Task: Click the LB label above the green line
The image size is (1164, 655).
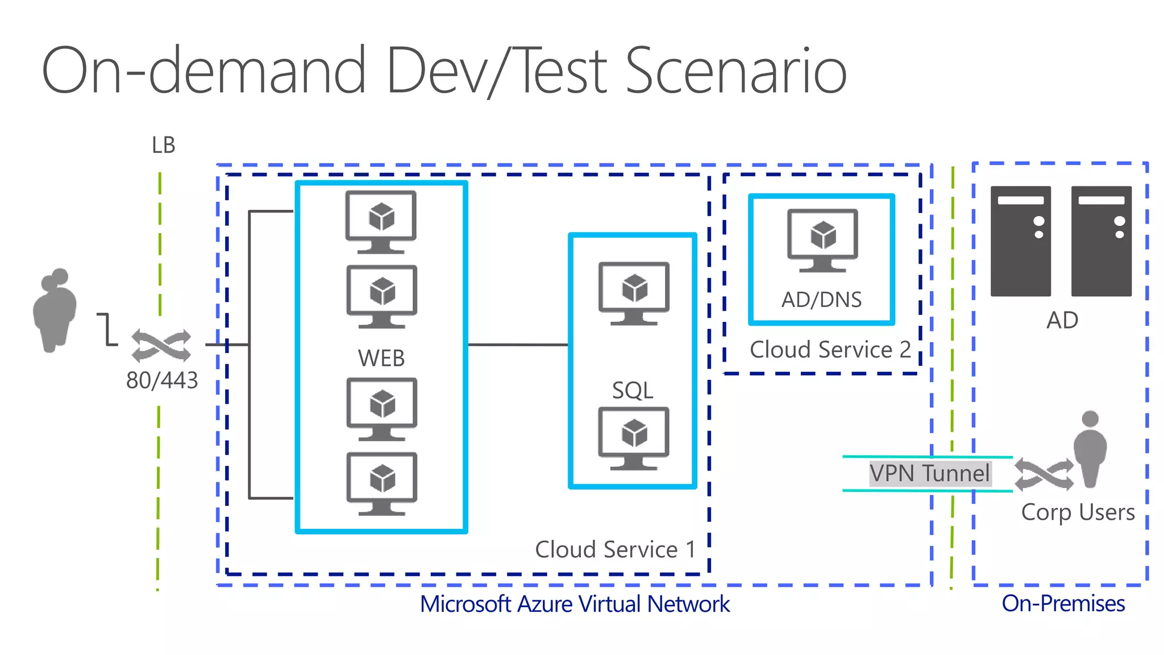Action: (163, 146)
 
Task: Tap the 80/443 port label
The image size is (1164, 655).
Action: (162, 380)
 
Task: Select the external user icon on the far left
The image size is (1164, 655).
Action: (55, 310)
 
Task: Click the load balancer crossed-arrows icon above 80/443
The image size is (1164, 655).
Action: (161, 345)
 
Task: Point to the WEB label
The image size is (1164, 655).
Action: (381, 359)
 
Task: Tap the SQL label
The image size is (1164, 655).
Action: (633, 391)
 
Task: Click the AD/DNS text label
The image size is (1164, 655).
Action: (821, 300)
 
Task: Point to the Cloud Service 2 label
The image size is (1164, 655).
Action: (830, 350)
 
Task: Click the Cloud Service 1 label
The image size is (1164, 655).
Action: (615, 550)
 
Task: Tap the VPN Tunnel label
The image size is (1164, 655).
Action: (930, 474)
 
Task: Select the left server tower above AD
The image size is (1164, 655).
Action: (1021, 241)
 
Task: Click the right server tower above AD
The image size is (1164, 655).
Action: (1101, 241)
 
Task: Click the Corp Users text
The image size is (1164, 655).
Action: (1078, 512)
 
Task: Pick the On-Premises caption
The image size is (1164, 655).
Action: (1063, 603)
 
